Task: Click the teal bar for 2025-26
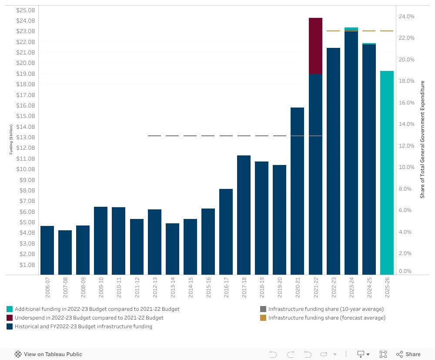pyautogui.click(x=387, y=172)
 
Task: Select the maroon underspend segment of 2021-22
pyautogui.click(x=315, y=46)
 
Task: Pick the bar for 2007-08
pyautogui.click(x=65, y=252)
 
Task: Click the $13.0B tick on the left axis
pyautogui.click(x=26, y=138)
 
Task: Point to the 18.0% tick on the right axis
pyautogui.click(x=407, y=81)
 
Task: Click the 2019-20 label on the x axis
pyautogui.click(x=280, y=288)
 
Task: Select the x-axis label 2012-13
pyautogui.click(x=155, y=288)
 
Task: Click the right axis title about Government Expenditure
pyautogui.click(x=422, y=139)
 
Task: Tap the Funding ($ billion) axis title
pyautogui.click(x=11, y=139)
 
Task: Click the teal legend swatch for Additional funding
pyautogui.click(x=10, y=309)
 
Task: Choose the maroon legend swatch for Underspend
pyautogui.click(x=10, y=318)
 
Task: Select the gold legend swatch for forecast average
pyautogui.click(x=263, y=318)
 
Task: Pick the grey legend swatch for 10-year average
pyautogui.click(x=263, y=309)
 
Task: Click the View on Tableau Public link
pyautogui.click(x=48, y=354)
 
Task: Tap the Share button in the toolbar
pyautogui.click(x=408, y=354)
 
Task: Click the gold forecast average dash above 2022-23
pyautogui.click(x=333, y=31)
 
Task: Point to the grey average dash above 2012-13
pyautogui.click(x=154, y=136)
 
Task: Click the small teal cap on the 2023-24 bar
pyautogui.click(x=351, y=29)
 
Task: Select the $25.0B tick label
pyautogui.click(x=26, y=10)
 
